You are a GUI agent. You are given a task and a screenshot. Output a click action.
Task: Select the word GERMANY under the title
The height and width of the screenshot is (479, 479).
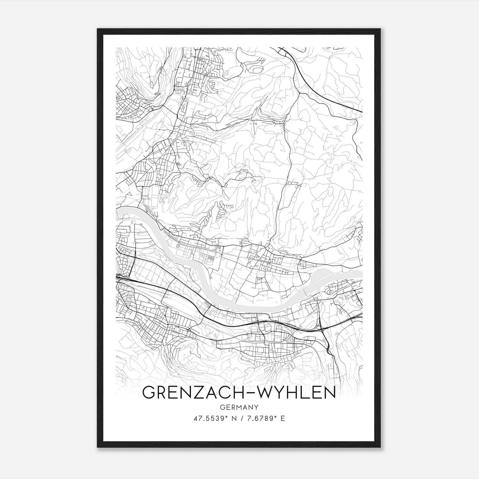(239, 407)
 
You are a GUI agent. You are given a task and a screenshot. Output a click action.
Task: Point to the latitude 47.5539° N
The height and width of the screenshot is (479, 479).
(214, 418)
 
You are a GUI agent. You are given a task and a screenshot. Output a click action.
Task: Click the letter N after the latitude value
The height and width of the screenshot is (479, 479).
(234, 418)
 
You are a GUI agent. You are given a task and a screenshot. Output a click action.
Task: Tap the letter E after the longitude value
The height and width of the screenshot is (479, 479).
(283, 418)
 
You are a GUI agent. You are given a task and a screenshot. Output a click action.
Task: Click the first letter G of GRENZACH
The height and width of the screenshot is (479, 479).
(149, 392)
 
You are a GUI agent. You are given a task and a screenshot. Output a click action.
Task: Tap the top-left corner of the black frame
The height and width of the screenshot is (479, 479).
(98, 29)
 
